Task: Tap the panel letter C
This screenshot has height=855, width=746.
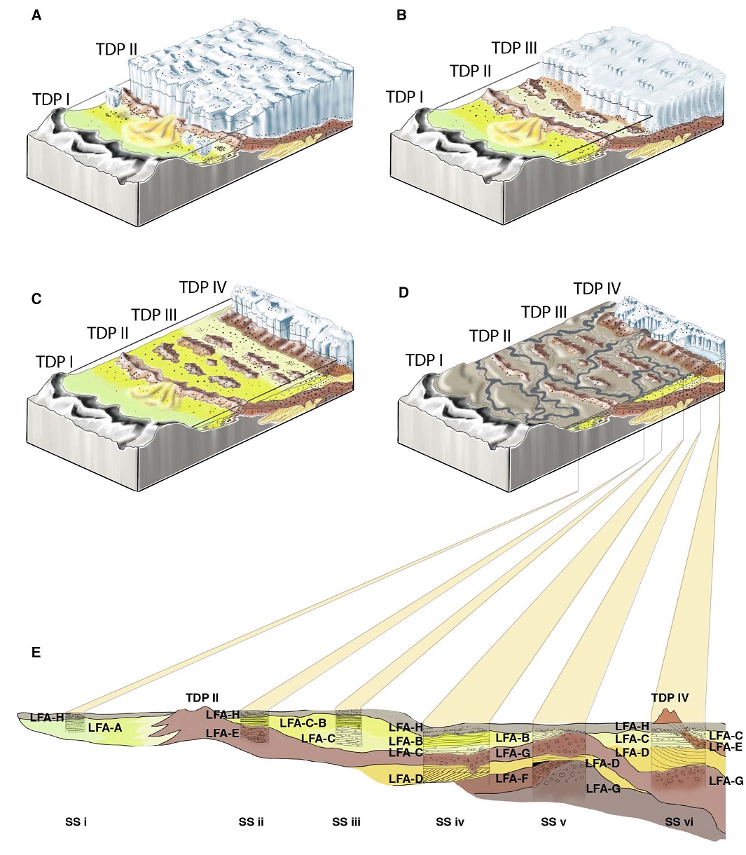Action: [36, 299]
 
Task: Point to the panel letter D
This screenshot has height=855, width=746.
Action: [403, 292]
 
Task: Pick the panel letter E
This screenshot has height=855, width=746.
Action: [36, 653]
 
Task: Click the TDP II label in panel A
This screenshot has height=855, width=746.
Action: [116, 50]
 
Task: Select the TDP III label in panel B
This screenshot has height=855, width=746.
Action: [514, 48]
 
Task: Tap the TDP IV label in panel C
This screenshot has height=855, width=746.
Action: [202, 287]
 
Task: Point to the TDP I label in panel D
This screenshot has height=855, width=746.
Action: [424, 360]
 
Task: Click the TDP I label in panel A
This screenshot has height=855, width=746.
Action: [51, 100]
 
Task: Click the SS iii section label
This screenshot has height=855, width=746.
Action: [346, 821]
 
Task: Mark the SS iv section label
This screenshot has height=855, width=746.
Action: [450, 821]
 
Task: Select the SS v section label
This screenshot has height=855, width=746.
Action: [553, 821]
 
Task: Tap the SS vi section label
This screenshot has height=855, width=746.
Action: [679, 821]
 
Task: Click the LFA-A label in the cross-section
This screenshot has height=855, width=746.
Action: [105, 728]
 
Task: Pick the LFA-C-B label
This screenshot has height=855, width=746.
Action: [303, 723]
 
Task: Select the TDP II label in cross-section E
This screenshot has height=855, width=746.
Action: [202, 698]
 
